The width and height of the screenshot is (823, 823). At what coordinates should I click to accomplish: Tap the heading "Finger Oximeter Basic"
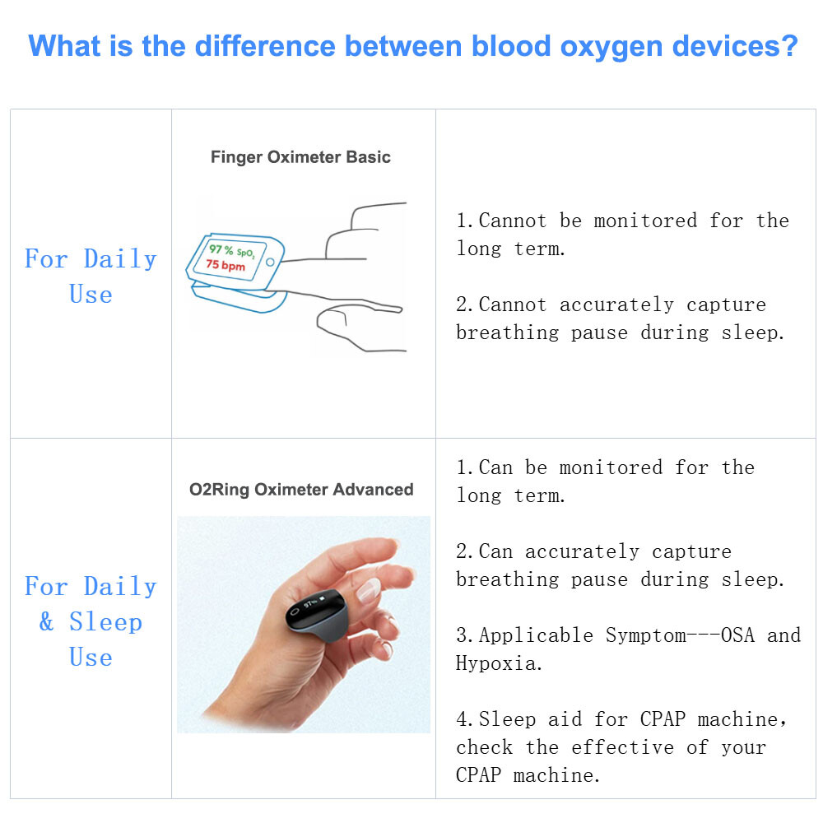point(300,156)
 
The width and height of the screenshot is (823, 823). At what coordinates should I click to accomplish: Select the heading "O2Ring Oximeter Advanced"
point(301,490)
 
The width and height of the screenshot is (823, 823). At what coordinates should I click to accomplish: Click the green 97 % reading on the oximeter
point(221,249)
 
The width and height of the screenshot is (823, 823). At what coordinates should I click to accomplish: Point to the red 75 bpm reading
point(226,265)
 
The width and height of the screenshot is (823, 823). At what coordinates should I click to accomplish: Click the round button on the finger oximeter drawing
point(270,262)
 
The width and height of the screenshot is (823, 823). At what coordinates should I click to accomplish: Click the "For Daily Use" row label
point(91,277)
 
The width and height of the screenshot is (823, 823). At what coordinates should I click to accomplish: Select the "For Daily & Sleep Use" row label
point(91,621)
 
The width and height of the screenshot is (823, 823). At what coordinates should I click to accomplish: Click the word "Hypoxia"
point(499,663)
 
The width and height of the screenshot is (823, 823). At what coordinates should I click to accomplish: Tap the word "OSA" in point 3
point(737,635)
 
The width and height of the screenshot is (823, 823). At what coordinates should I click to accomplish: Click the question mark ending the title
point(788,45)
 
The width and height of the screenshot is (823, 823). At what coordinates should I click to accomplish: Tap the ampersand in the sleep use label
point(47,622)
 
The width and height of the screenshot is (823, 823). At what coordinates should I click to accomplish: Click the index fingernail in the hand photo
point(368,588)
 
